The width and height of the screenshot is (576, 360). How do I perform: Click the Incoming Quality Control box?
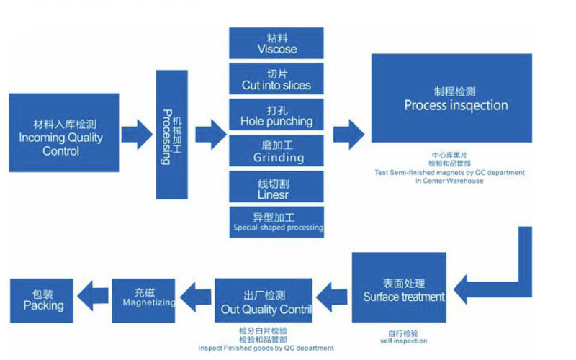click(x=60, y=132)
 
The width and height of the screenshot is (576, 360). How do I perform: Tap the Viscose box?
click(x=277, y=43)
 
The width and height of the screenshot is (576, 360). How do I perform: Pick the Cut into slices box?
click(x=277, y=79)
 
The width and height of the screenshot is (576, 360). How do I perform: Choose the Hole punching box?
click(x=277, y=115)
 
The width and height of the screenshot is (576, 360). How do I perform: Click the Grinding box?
click(x=277, y=151)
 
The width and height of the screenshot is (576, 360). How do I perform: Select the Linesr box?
click(x=277, y=186)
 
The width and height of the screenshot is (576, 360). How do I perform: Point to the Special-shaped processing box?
click(x=277, y=222)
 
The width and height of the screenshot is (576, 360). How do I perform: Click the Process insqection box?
click(x=451, y=98)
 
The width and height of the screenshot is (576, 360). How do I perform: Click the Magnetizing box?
click(x=144, y=298)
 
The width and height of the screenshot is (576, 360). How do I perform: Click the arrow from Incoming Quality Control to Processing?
click(x=137, y=133)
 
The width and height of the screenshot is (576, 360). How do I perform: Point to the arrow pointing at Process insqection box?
click(x=349, y=132)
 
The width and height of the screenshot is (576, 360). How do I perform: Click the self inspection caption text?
click(x=403, y=341)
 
